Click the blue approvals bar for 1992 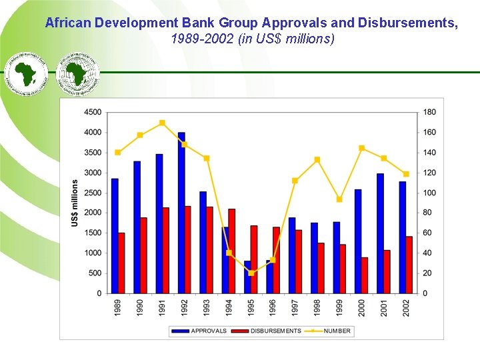point(181,213)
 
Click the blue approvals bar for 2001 point(380,233)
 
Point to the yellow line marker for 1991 point(162,123)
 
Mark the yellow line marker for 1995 point(251,273)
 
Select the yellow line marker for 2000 point(361,148)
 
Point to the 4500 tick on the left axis point(93,112)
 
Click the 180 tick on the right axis point(430,112)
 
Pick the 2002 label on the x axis point(406,307)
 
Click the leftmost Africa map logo point(27,73)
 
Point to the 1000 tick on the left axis point(93,253)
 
